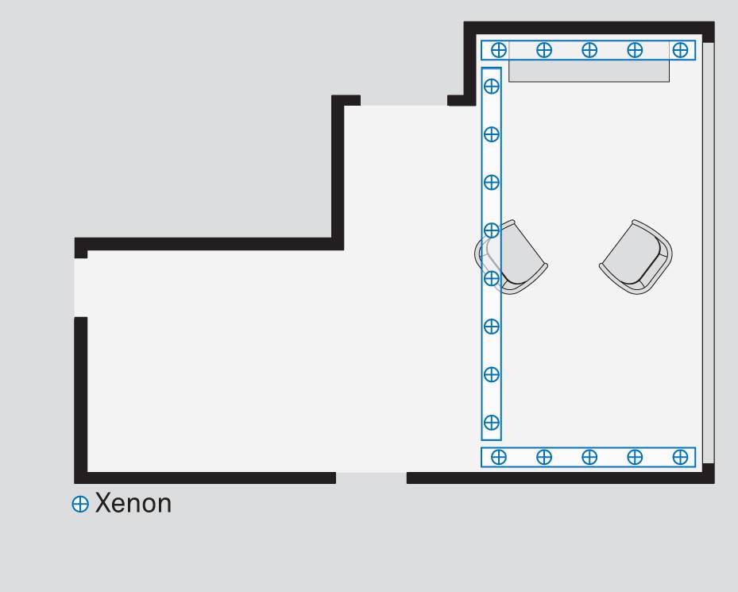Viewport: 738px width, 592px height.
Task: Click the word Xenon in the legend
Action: coord(133,504)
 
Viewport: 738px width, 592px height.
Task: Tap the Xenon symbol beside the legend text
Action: coord(80,504)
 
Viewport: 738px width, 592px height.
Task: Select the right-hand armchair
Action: coord(636,257)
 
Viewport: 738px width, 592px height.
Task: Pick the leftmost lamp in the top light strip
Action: coord(498,49)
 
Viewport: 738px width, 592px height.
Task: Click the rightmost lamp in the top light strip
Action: coord(680,49)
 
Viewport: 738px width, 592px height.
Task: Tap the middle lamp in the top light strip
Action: coord(589,49)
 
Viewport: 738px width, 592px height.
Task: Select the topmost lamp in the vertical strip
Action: coord(492,86)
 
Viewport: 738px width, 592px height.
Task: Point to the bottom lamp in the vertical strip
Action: coord(492,423)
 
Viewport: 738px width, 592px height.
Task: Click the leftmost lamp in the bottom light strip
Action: coord(498,457)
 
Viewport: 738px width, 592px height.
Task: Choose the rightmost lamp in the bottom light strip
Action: coord(680,457)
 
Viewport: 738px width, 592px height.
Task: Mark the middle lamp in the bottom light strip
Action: coord(589,457)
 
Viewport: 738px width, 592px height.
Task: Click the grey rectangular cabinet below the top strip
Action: coord(589,71)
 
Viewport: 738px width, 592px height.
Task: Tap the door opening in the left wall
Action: coord(81,288)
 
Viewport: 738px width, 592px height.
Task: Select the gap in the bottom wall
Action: coord(371,478)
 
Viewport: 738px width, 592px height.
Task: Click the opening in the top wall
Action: coord(404,100)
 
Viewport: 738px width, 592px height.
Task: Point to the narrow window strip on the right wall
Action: coord(709,253)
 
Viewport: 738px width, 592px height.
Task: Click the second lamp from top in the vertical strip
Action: coord(492,134)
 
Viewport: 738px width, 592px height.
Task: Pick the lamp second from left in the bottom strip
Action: coord(544,457)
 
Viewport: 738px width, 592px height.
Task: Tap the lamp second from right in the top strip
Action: coord(635,49)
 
